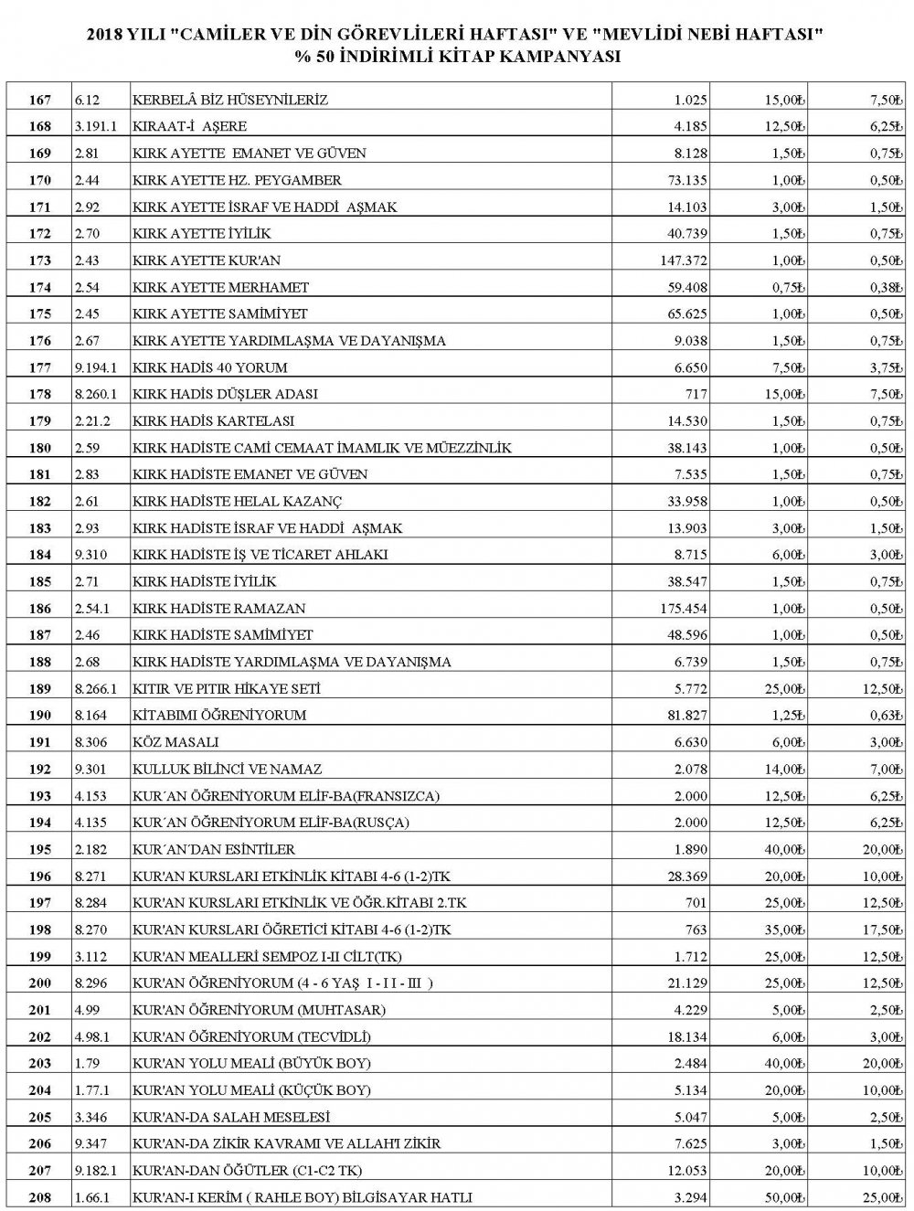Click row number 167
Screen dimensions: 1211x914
pos(40,100)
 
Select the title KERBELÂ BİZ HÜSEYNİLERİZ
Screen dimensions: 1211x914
pos(230,100)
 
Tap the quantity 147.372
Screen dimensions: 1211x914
pos(683,260)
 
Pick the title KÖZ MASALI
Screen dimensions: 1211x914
pos(175,742)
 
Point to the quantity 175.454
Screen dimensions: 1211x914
pos(683,608)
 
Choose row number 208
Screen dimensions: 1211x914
pos(40,1197)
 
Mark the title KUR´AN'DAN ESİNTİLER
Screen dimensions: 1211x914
pos(214,849)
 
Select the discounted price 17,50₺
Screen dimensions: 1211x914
pos(879,929)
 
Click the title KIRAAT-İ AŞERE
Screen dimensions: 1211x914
pos(190,126)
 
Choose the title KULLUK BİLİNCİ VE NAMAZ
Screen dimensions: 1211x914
pos(228,769)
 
